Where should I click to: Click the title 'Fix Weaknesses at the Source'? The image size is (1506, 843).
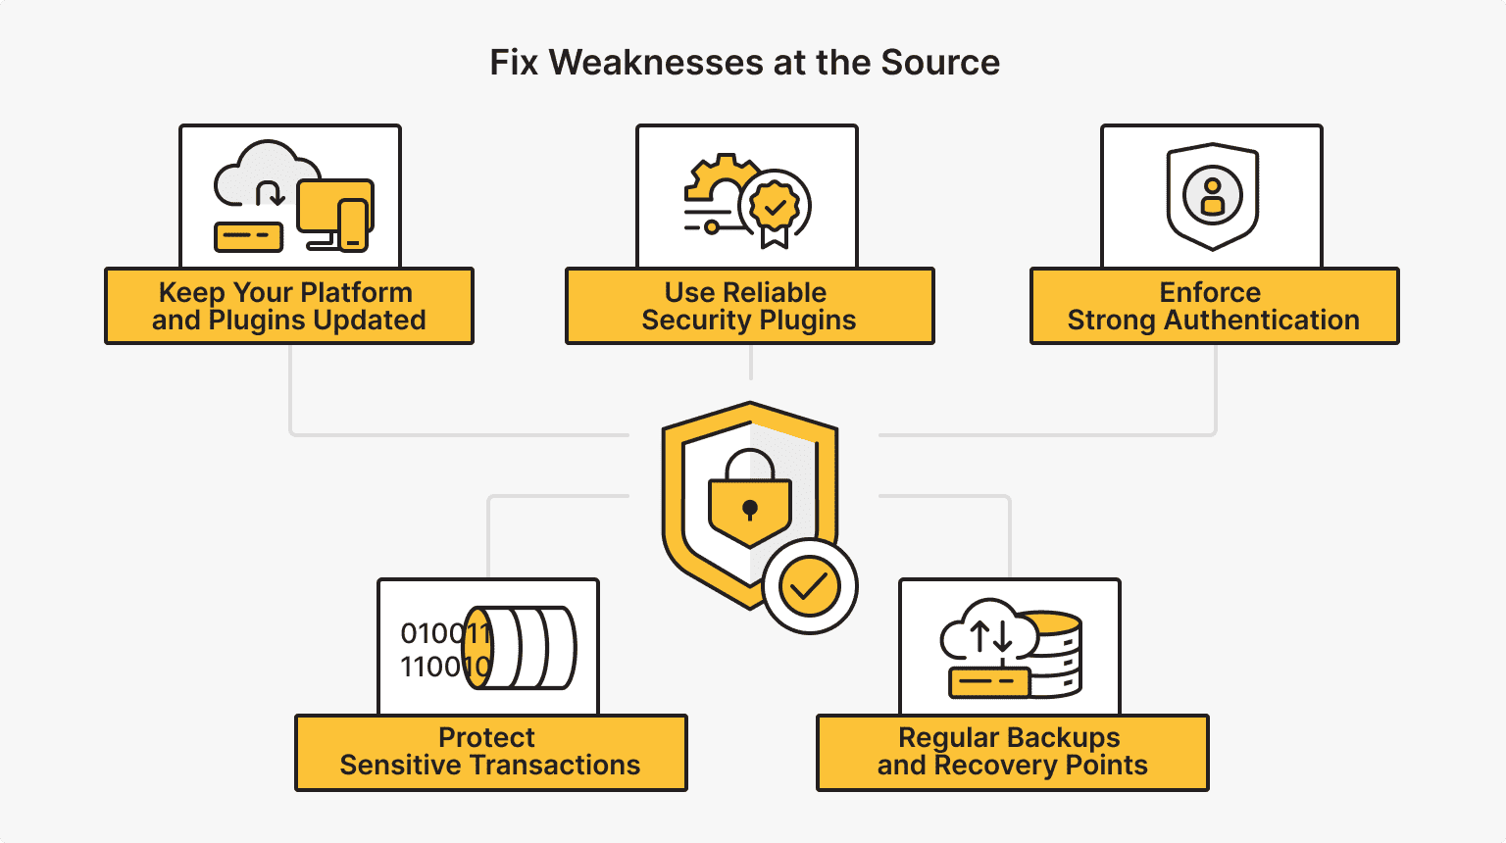(x=744, y=63)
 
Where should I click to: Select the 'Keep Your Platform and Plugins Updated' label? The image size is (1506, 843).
(x=288, y=306)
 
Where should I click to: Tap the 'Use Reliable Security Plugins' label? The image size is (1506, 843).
(x=749, y=306)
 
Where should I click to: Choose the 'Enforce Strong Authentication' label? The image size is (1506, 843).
(x=1214, y=306)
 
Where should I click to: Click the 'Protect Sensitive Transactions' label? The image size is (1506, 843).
(x=490, y=752)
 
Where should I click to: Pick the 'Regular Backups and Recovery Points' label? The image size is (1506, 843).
(x=1012, y=752)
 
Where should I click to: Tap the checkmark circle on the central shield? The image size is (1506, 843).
(x=809, y=586)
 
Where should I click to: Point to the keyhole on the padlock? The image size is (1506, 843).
(x=750, y=509)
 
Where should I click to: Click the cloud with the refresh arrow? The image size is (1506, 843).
(x=260, y=176)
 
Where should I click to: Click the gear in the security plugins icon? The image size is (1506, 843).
(x=721, y=181)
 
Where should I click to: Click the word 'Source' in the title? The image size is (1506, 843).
(x=940, y=63)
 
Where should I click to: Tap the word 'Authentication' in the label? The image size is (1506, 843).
(x=1262, y=321)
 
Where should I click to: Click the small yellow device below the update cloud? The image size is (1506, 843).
(x=248, y=236)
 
